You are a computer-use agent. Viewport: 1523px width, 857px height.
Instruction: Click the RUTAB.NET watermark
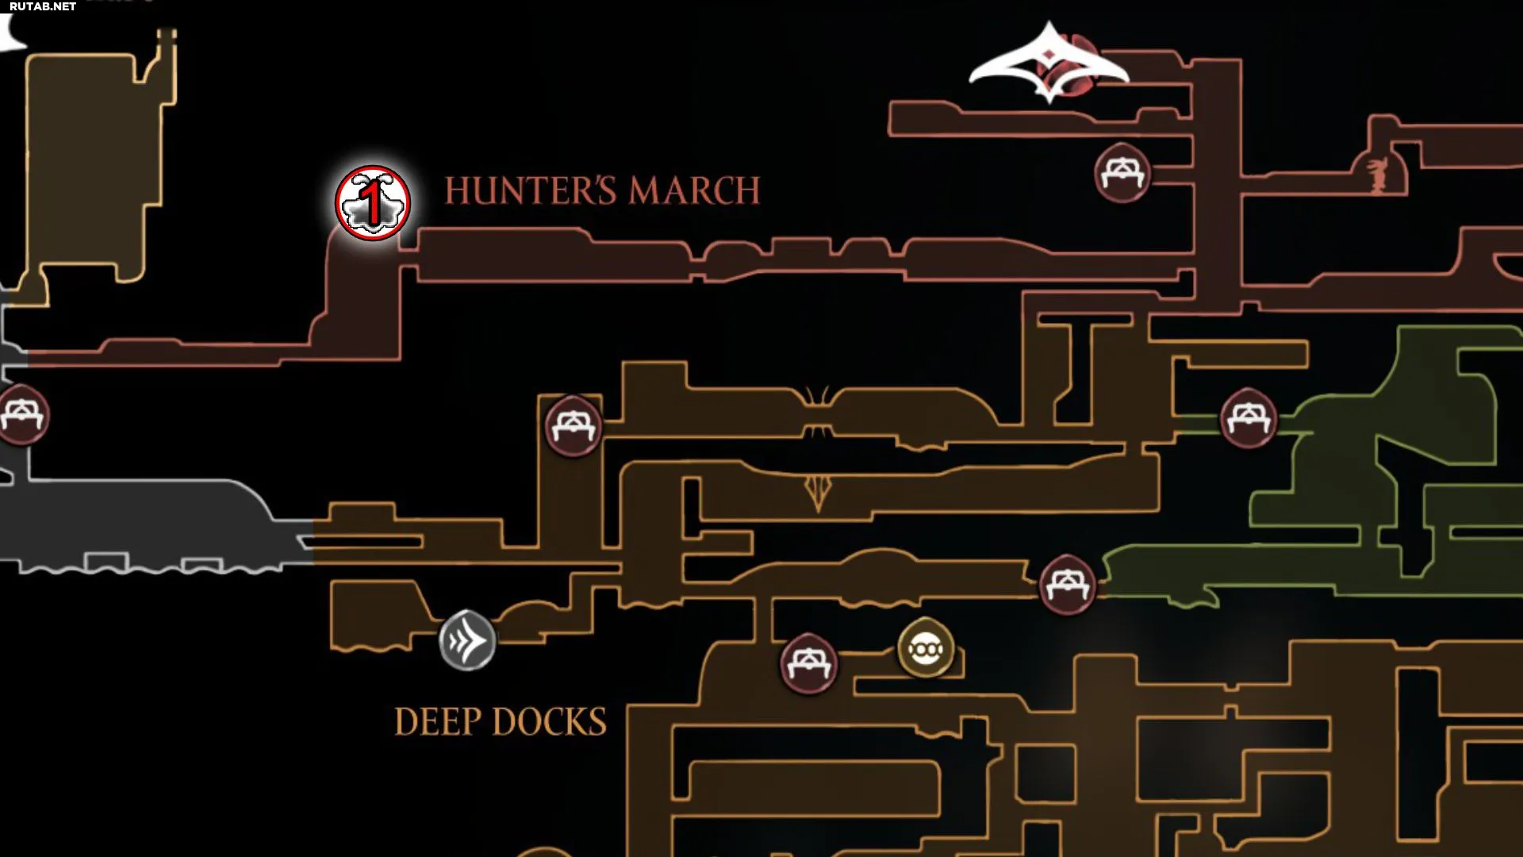[x=43, y=6]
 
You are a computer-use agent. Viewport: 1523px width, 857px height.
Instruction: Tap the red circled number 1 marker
[x=372, y=203]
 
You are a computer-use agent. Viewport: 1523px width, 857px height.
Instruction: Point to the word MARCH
[x=694, y=191]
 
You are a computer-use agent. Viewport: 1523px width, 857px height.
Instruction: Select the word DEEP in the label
[x=437, y=722]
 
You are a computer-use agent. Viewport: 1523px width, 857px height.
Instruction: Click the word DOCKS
[x=549, y=722]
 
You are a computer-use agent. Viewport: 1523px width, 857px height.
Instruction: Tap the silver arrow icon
[x=467, y=640]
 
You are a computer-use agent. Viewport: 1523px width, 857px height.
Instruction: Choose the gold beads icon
[x=926, y=648]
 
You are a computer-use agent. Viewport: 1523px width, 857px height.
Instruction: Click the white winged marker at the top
[x=1049, y=63]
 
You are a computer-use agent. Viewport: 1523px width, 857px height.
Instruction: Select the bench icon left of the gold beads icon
[x=808, y=663]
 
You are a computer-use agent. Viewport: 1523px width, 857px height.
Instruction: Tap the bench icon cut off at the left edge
[x=21, y=414]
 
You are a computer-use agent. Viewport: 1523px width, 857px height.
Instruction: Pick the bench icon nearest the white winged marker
[x=1122, y=172]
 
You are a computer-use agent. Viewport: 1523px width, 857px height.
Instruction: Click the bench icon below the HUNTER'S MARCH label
[x=574, y=425]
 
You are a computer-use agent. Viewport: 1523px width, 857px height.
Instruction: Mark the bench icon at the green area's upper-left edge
[x=1249, y=417]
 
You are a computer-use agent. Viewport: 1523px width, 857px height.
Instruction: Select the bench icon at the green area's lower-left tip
[x=1068, y=585]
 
